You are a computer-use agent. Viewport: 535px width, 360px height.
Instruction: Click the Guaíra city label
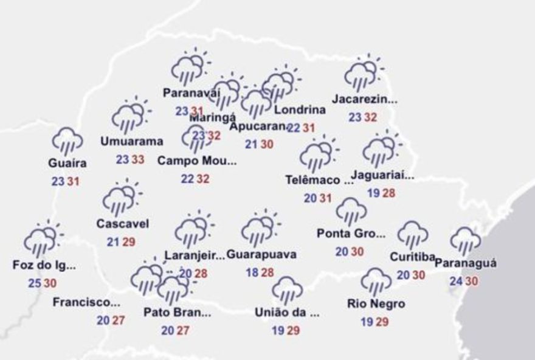(67, 163)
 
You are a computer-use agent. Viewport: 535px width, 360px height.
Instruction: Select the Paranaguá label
(466, 263)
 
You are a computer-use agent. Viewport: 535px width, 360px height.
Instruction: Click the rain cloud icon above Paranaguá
(466, 241)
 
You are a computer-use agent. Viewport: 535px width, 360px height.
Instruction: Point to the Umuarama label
(132, 142)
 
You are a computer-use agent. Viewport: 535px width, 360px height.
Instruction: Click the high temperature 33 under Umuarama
(138, 160)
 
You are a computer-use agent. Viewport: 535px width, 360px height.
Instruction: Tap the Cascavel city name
(122, 224)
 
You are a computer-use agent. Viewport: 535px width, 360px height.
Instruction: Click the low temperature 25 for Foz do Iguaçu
(34, 283)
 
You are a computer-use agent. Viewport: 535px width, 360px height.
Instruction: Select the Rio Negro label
(376, 303)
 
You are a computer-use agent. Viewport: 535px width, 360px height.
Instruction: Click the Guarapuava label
(261, 255)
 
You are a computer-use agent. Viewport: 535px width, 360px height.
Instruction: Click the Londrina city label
(300, 110)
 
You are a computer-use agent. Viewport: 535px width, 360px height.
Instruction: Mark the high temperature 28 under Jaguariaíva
(390, 193)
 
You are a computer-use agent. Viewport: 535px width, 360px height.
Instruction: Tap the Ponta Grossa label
(351, 234)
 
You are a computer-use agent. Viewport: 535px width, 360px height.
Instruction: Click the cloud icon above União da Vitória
(288, 290)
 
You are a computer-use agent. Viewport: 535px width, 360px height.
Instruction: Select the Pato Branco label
(177, 313)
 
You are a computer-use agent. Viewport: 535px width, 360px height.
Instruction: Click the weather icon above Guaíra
(67, 141)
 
